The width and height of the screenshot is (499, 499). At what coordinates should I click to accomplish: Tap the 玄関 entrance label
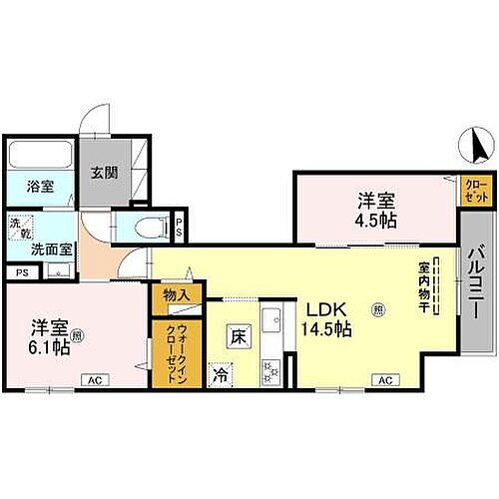point(105,172)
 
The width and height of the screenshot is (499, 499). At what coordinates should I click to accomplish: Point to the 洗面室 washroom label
point(43,250)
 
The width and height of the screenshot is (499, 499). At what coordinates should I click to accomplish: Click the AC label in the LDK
point(384,380)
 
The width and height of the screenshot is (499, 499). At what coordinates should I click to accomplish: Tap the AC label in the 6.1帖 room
point(92,380)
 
